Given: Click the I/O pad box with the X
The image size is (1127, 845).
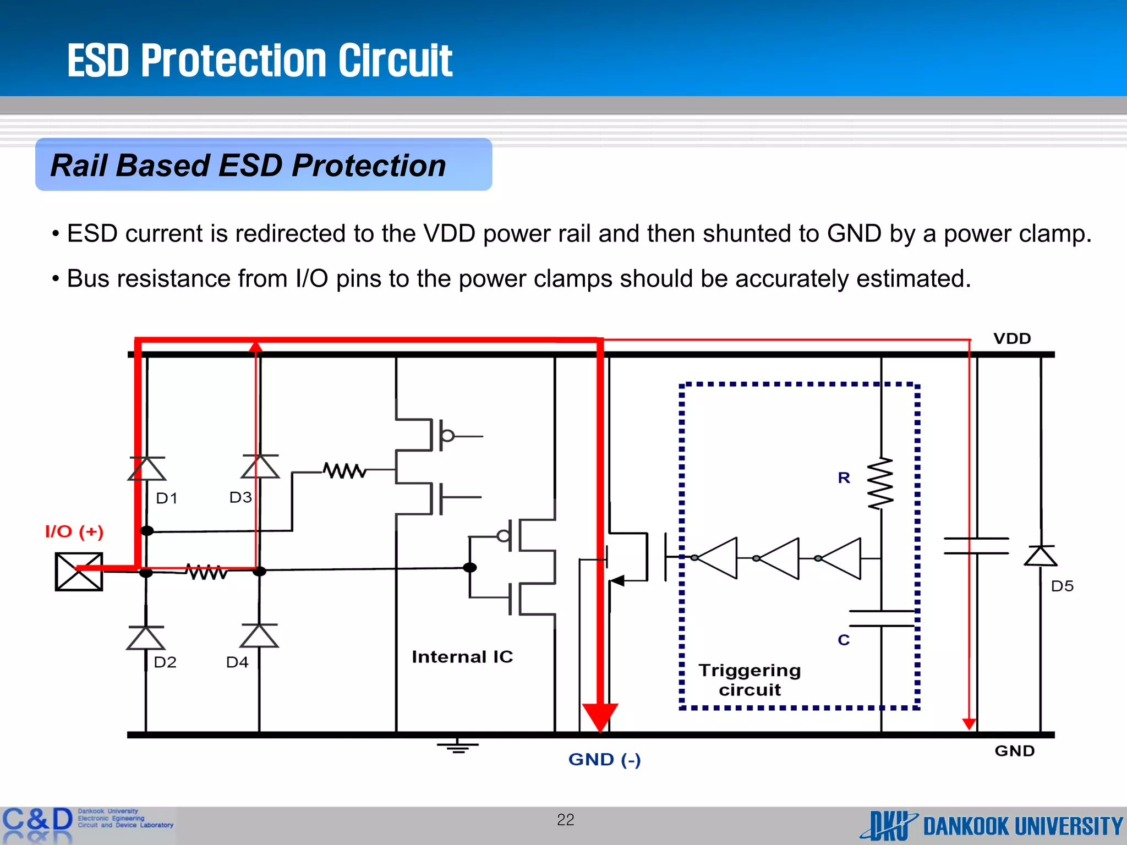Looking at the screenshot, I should [x=79, y=572].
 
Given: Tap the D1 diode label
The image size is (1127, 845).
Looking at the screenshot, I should [x=167, y=498].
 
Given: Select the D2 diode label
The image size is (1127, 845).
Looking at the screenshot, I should [x=165, y=662].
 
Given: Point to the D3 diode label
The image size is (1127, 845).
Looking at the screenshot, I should [x=240, y=497].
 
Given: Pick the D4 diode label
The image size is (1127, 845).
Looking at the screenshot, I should [x=237, y=662].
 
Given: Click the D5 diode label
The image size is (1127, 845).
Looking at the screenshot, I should [x=1062, y=586].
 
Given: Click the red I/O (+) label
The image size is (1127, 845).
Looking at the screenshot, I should [x=74, y=531].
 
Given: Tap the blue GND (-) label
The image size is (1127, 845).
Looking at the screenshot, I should [x=604, y=760].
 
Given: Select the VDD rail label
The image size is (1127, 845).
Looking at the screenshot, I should [x=1012, y=338].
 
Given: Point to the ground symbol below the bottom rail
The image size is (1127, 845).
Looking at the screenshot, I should [x=458, y=747].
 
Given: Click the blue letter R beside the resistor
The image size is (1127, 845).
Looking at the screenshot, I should [x=844, y=478].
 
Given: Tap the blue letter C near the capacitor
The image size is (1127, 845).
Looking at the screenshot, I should [x=844, y=640].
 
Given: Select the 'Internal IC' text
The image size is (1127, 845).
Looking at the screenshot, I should [x=462, y=657].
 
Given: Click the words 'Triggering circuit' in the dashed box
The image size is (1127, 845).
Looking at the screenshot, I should [x=749, y=680].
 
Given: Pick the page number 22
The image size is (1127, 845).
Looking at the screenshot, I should [x=566, y=820].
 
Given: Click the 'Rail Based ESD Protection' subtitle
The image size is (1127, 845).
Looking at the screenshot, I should [x=248, y=165].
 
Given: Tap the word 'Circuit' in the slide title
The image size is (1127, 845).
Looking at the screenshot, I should [x=395, y=61].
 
